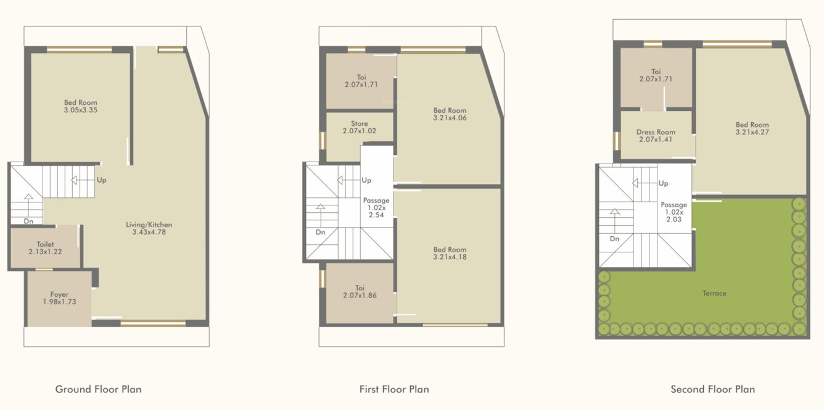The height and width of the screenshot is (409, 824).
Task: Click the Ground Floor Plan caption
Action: [98, 389]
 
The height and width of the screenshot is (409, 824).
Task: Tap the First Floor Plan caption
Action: [394, 389]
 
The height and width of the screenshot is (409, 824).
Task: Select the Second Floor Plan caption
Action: [712, 389]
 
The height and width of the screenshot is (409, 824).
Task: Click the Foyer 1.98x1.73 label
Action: [59, 299]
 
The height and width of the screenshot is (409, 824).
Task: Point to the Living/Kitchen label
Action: [149, 228]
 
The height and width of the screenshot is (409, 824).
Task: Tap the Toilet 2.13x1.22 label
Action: [45, 249]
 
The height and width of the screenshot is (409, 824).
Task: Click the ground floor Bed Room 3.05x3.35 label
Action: [80, 106]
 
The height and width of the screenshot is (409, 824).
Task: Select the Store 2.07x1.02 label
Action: [359, 128]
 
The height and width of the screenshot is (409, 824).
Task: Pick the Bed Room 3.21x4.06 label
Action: [450, 114]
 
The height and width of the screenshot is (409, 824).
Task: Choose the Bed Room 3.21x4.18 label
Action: [450, 254]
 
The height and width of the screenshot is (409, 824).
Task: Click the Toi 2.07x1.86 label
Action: [360, 292]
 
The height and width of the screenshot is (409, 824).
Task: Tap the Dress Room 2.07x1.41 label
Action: [656, 136]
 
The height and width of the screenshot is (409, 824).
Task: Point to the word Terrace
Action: [714, 293]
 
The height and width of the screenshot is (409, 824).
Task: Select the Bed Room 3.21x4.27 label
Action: [752, 128]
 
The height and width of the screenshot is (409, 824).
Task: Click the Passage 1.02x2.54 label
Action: [376, 208]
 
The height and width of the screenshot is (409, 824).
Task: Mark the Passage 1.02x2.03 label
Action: [674, 212]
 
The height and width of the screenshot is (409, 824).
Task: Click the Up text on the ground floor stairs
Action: [101, 180]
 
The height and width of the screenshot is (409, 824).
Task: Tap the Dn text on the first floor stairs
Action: [320, 233]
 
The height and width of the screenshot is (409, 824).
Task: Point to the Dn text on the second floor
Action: [615, 239]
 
